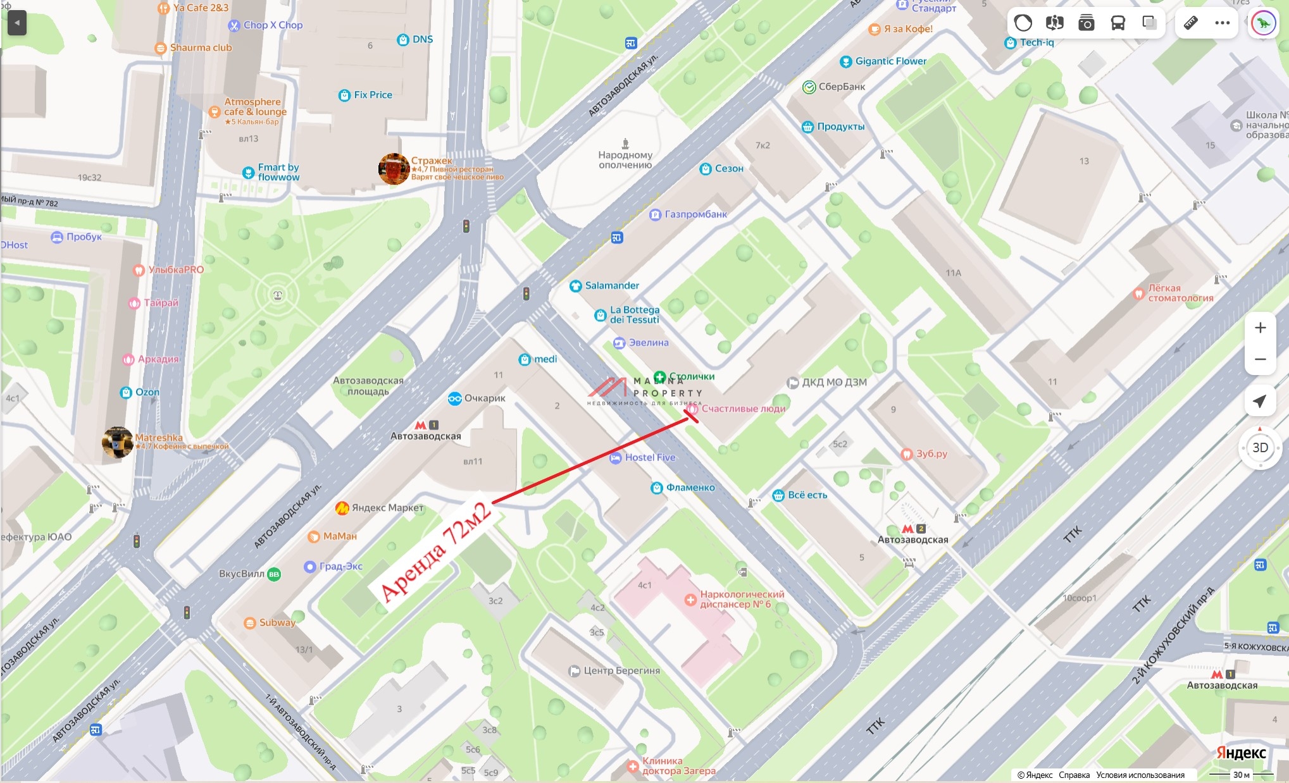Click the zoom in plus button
(1260, 328)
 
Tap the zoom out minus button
(1260, 359)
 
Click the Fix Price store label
(372, 95)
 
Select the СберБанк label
(841, 87)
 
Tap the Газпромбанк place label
(695, 214)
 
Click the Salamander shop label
(611, 286)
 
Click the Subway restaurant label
(277, 622)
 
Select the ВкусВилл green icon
(274, 574)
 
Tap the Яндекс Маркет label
(387, 507)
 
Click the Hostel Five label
(649, 457)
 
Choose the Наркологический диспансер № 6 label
(741, 599)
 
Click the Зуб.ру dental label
(931, 453)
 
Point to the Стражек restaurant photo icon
(393, 168)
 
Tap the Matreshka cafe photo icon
(118, 441)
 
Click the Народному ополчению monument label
(625, 159)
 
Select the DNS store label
(422, 39)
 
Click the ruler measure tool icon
(1190, 23)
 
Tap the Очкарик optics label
(484, 398)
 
